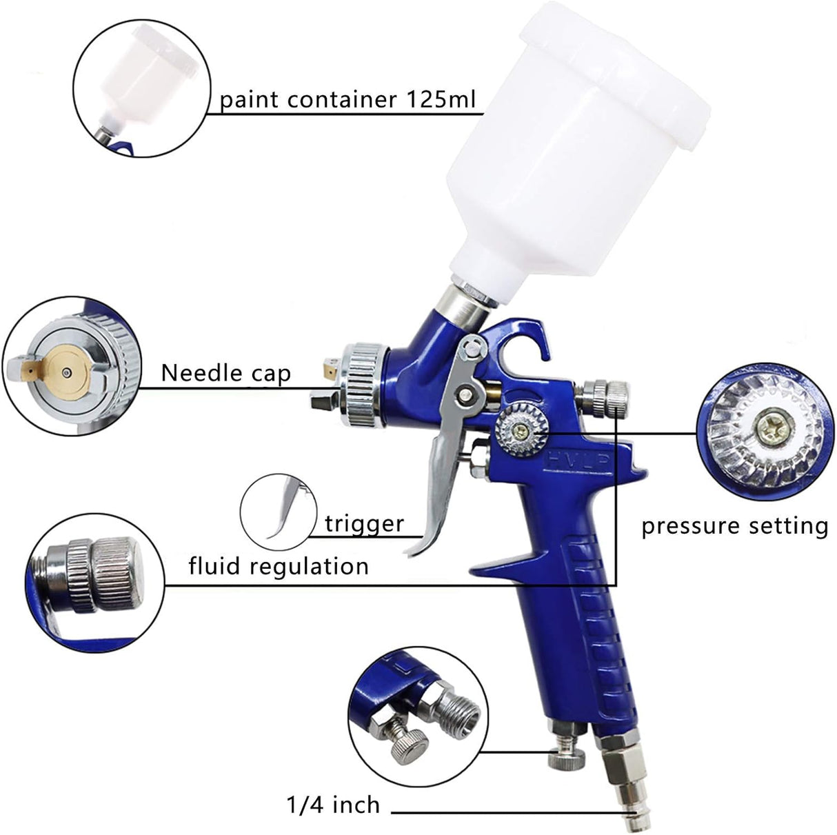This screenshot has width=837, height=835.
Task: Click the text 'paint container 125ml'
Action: (x=347, y=100)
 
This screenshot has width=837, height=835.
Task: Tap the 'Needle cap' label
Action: (x=225, y=373)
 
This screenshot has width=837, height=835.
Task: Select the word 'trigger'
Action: (x=364, y=523)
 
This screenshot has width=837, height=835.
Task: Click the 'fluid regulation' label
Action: (x=279, y=566)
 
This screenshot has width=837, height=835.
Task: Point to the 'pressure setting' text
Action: (x=734, y=526)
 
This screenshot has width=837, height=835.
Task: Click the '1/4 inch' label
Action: (x=333, y=805)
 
